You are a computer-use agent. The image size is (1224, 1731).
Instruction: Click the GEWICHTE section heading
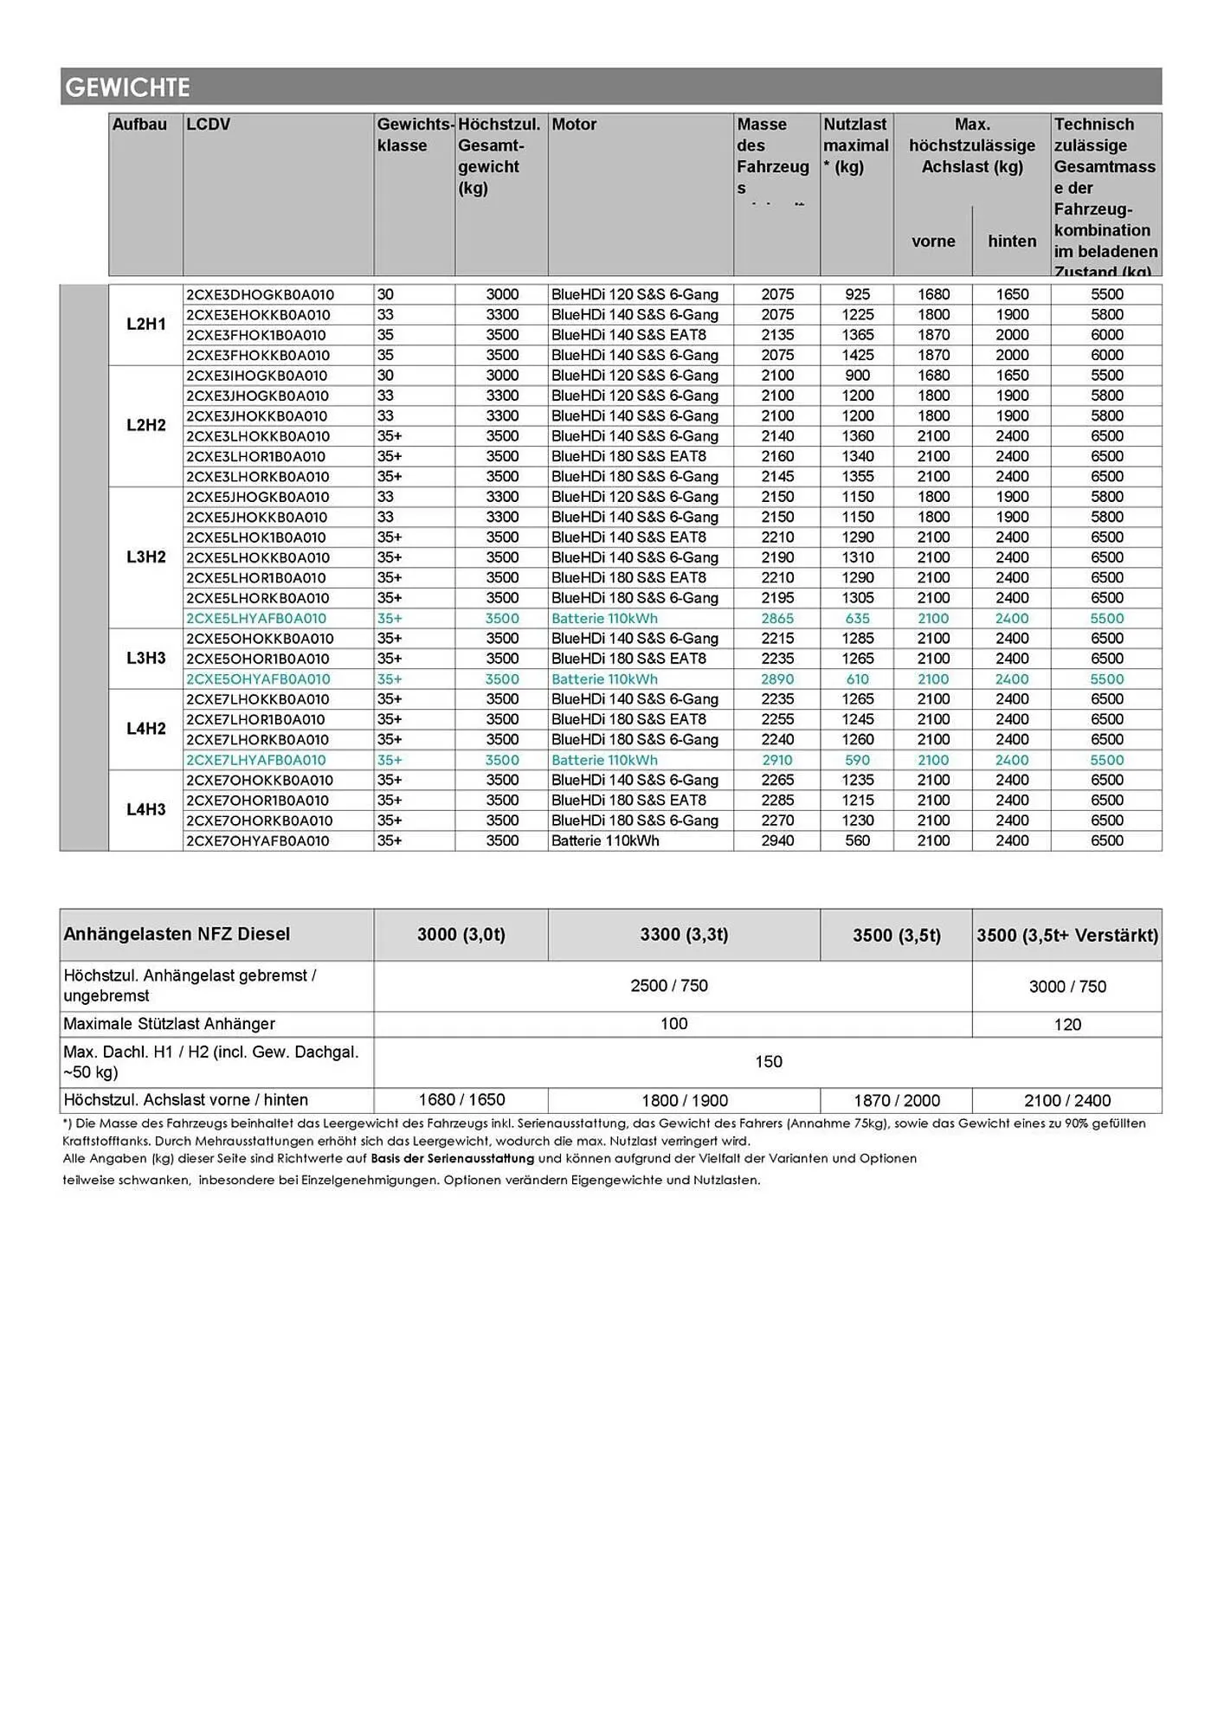(x=128, y=87)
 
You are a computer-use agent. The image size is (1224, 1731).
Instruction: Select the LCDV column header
(x=209, y=125)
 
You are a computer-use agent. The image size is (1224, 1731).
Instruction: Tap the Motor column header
(x=574, y=125)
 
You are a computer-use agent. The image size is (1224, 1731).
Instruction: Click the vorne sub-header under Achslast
(x=933, y=241)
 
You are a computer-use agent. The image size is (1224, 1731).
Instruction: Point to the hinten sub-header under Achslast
(x=1012, y=241)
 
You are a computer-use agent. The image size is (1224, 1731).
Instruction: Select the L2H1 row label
(x=145, y=325)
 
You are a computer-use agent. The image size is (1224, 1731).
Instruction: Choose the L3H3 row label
(x=145, y=658)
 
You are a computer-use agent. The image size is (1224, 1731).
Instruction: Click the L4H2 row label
(x=145, y=729)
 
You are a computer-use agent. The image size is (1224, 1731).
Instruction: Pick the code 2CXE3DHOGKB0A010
(x=260, y=295)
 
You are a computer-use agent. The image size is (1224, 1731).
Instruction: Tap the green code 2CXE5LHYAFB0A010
(x=256, y=619)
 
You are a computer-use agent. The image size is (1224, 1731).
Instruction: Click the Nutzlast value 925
(x=857, y=295)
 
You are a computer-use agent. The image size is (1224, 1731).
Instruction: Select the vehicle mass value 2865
(x=777, y=619)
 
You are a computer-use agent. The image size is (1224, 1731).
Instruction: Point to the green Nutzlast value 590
(x=857, y=760)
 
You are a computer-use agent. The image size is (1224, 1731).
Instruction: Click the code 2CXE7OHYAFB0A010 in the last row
(x=257, y=841)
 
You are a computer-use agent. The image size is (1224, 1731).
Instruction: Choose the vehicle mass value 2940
(x=777, y=841)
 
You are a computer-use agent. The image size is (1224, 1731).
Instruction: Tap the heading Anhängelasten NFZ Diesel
(x=177, y=935)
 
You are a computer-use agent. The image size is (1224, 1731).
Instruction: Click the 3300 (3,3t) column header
(x=684, y=935)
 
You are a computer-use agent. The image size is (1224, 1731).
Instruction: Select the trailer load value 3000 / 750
(x=1067, y=987)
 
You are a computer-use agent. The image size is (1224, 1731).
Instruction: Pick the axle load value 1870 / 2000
(x=897, y=1101)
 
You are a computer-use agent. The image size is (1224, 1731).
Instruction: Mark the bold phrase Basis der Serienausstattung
(x=452, y=1159)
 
